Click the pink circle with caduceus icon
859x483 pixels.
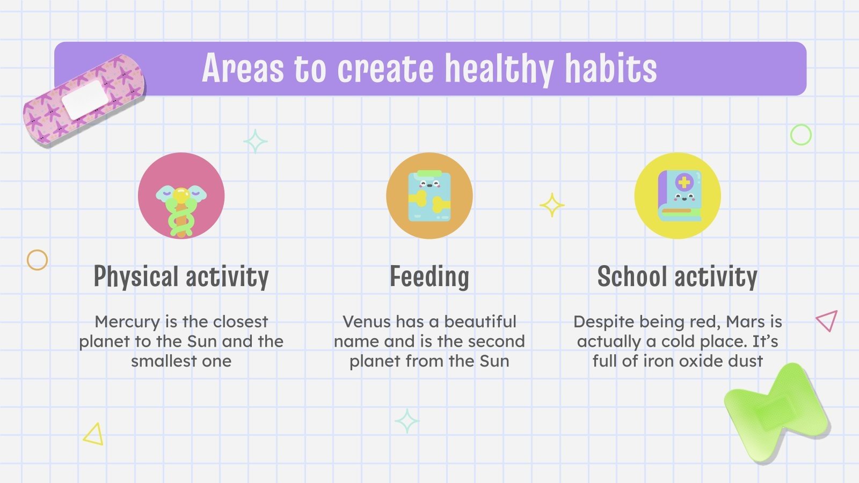181,195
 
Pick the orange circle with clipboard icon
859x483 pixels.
429,195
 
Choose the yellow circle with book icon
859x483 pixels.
677,195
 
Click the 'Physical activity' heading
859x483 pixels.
181,277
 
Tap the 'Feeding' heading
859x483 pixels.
429,277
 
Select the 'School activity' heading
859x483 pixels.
677,277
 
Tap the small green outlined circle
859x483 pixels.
800,135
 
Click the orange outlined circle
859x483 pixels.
37,260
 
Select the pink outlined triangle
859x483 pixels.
827,321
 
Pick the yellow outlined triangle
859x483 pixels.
94,435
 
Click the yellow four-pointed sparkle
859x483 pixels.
552,205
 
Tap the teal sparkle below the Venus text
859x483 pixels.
407,421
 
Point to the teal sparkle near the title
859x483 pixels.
256,142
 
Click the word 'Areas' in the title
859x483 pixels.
243,69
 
